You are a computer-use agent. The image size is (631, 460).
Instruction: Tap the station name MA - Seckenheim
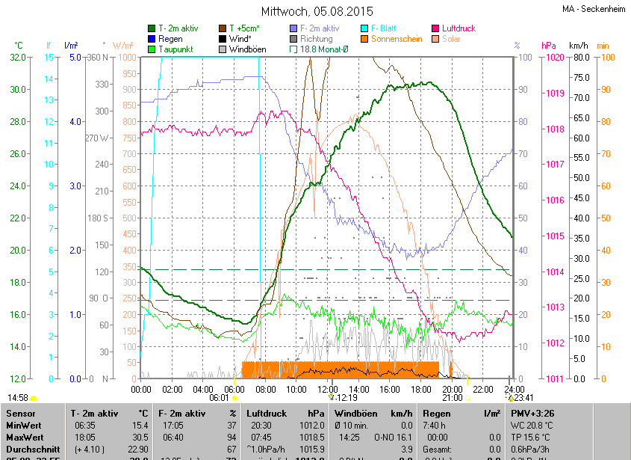[x=594, y=9]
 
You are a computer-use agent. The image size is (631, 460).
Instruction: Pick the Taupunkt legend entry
[x=175, y=49]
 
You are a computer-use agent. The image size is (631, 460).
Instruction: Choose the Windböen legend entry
[x=247, y=49]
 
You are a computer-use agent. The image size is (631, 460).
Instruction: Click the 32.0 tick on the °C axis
[x=17, y=57]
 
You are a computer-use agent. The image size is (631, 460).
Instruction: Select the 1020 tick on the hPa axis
[x=555, y=57]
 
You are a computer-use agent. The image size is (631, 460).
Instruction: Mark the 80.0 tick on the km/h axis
[x=582, y=57]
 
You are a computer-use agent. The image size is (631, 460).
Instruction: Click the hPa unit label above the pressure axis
[x=549, y=45]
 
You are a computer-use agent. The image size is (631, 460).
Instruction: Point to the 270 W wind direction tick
[x=97, y=138]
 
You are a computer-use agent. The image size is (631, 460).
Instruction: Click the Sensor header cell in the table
[x=22, y=413]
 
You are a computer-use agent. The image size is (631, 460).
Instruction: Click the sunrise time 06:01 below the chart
[x=219, y=398]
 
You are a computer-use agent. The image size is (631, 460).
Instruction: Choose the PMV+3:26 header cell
[x=532, y=413]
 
